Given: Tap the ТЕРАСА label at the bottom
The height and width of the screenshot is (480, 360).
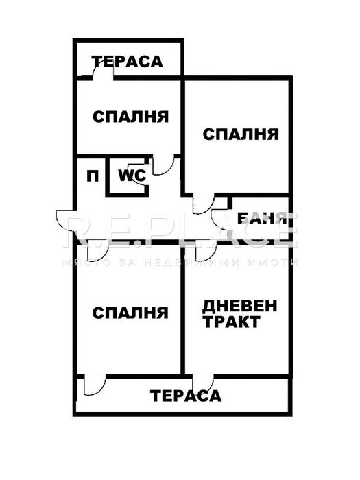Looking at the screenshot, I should pos(187,396).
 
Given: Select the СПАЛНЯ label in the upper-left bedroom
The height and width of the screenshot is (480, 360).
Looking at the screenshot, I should pos(130,117).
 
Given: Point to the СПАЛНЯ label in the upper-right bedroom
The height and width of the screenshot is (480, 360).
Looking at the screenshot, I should pos(241,134).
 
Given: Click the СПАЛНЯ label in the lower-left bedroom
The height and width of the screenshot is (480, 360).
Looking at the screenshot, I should pos(130,313).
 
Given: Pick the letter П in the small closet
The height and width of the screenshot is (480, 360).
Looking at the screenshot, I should pos(91,176).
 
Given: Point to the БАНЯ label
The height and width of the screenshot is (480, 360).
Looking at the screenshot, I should pos(261,219).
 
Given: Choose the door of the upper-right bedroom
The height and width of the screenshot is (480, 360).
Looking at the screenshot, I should pos(204,204).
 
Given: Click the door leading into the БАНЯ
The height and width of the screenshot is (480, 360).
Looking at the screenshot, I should pos(222,218).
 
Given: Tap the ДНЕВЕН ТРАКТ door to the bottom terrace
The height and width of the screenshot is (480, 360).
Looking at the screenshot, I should pos(204,384).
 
